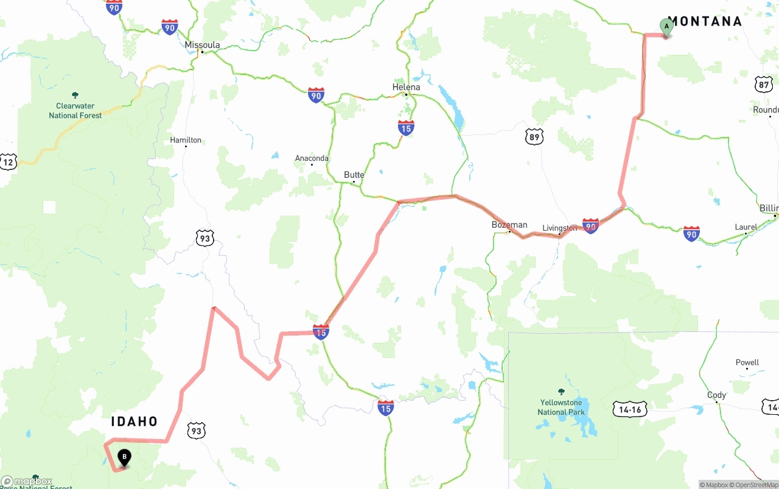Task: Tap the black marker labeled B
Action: pos(124,457)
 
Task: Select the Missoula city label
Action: pos(202,45)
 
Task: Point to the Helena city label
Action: pos(406,87)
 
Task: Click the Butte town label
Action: pos(354,175)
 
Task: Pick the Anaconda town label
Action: pos(312,158)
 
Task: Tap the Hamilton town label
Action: pos(186,140)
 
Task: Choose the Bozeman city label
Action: pos(509,225)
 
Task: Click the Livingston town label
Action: pos(559,228)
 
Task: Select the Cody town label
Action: pos(716,395)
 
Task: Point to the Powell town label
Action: pos(747,362)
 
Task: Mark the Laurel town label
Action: pos(746,227)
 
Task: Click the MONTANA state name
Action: pos(705,21)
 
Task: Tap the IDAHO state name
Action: pos(134,421)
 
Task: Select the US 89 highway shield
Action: pos(534,136)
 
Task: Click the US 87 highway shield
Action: pos(764,85)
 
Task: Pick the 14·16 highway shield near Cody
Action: pos(629,409)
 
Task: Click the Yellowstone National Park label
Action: pos(561,407)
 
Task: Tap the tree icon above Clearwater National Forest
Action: pos(75,95)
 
